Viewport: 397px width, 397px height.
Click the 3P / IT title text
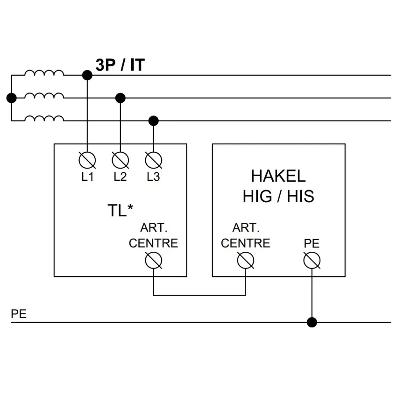pos(120,65)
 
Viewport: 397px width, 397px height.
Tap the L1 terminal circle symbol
pos(87,160)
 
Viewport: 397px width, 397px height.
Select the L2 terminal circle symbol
pos(120,160)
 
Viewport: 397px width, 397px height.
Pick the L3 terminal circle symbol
pos(154,160)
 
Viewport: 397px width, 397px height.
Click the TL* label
pos(120,210)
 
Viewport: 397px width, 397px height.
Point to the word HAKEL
pos(278,176)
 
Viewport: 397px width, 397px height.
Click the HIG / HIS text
pos(278,196)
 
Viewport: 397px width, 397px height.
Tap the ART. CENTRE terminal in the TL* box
pos(154,260)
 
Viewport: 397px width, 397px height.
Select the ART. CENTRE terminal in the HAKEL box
pos(246,260)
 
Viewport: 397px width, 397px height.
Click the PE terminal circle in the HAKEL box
pos(312,260)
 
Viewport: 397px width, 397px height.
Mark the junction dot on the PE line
pos(312,322)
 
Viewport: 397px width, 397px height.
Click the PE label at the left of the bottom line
pos(19,314)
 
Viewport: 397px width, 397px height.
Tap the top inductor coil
pos(44,73)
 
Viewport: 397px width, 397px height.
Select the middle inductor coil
pos(44,95)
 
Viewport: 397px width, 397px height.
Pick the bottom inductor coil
pos(44,118)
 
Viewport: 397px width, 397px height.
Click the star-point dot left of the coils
pos(11,98)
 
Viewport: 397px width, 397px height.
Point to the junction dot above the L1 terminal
pos(87,75)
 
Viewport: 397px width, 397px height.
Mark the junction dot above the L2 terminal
pos(120,98)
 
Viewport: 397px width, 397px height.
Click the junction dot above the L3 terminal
pos(154,121)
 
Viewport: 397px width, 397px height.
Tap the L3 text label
pos(154,177)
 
